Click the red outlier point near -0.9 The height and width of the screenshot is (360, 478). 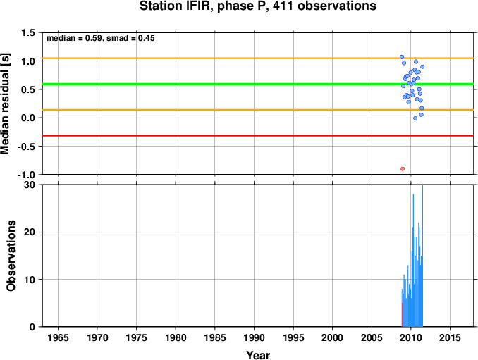point(403,169)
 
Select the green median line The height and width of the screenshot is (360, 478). point(258,84)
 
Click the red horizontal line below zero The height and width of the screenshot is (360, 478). point(258,135)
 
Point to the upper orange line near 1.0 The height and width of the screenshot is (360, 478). point(258,58)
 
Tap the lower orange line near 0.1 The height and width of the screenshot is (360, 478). point(258,110)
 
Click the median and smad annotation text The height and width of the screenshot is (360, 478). point(101,38)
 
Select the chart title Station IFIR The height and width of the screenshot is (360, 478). point(257,6)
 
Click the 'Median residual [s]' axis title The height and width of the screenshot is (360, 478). point(5,104)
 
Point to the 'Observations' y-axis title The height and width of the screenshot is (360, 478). point(11,256)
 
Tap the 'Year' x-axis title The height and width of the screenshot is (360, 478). point(258,355)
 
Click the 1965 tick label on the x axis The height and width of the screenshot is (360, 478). point(58,337)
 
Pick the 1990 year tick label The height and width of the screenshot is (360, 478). point(254,337)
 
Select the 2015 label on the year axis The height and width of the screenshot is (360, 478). point(450,337)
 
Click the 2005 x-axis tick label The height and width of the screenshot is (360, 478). point(372,337)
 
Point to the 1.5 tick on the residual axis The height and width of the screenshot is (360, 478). point(28,33)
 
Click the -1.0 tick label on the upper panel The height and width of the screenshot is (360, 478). point(26,175)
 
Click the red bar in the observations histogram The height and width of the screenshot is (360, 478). point(403,315)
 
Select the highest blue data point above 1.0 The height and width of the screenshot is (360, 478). point(402,57)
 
